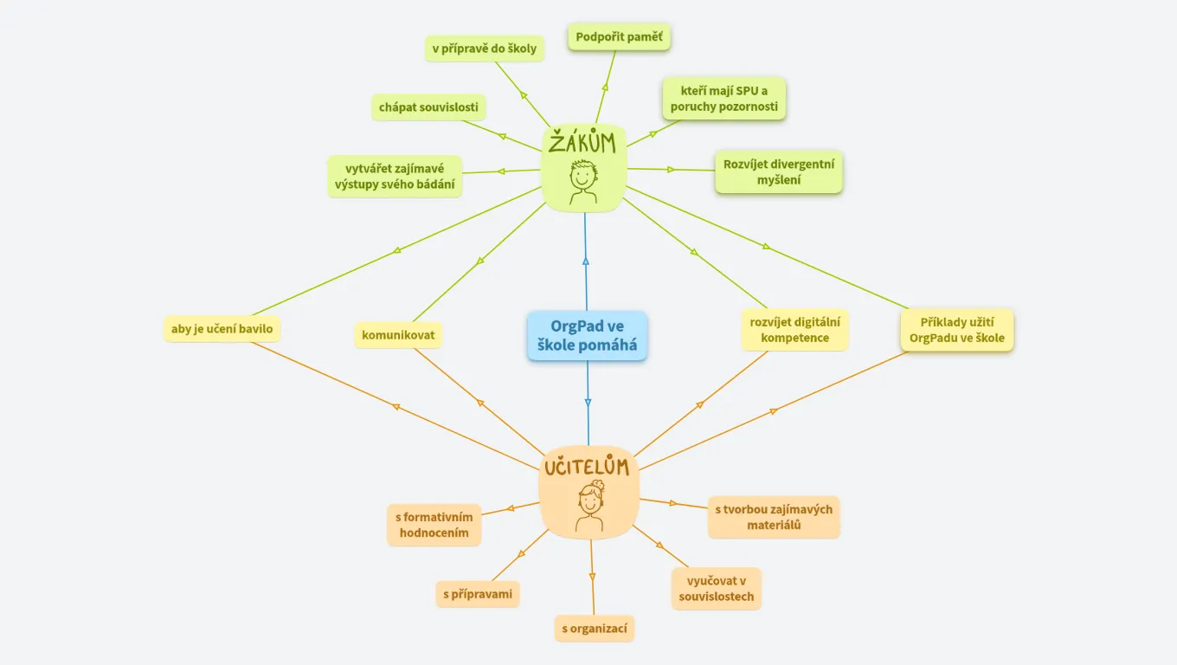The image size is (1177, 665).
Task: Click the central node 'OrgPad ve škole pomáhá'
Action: coord(587,336)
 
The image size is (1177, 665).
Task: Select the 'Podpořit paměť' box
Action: coord(619,37)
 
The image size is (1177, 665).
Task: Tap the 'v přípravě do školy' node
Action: coord(485,48)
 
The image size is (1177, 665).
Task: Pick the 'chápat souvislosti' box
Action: coord(428,107)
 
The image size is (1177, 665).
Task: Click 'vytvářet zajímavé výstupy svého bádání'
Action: coord(395,177)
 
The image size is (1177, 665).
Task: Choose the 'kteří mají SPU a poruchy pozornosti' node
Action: coord(724,99)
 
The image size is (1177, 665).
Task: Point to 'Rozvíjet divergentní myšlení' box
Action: coord(778,171)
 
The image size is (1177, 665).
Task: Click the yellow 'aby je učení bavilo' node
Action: coord(222,329)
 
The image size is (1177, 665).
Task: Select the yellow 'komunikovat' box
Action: coord(398,335)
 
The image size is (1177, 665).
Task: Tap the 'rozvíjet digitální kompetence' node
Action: coord(794,330)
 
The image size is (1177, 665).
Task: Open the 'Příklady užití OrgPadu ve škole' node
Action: coord(956,330)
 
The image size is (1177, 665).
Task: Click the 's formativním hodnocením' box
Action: coord(434,525)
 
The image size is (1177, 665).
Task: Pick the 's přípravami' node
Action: coord(478,594)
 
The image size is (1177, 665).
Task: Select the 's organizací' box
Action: coord(594,629)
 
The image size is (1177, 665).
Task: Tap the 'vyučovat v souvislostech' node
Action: coord(716,589)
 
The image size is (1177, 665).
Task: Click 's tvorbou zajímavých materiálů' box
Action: coord(773,517)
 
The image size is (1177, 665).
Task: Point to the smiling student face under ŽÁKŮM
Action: coord(582,179)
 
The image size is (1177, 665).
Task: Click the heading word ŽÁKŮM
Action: coord(582,142)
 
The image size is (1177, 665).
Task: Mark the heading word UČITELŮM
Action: coord(586,468)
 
